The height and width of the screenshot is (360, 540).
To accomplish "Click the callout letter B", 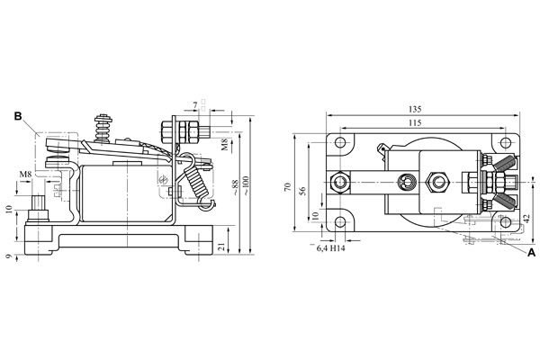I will click(x=17, y=116).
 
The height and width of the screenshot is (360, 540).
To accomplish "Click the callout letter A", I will click(x=531, y=254).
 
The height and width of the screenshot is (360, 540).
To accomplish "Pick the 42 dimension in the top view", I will click(x=527, y=217).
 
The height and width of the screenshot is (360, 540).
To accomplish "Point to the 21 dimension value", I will click(x=223, y=245).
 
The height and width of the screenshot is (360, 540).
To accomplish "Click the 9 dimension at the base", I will click(x=9, y=256).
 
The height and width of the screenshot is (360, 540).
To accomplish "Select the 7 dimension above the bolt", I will click(x=194, y=107).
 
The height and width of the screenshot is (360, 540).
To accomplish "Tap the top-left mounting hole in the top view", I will click(x=339, y=143).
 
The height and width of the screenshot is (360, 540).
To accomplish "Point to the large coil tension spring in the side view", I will click(x=193, y=181).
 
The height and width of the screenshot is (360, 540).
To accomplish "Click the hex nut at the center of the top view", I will click(x=438, y=182).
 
